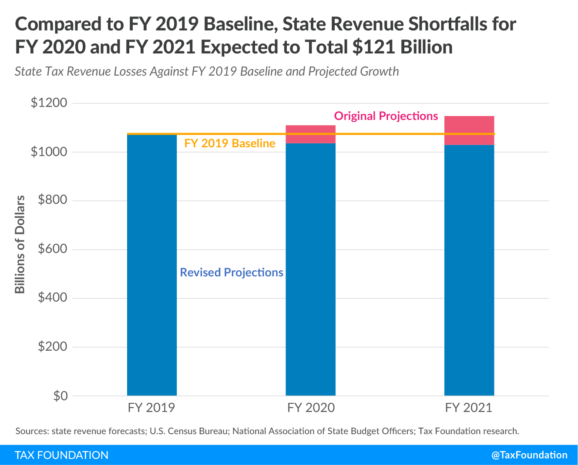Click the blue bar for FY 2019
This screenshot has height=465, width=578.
(152, 265)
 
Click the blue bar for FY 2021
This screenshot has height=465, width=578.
(469, 269)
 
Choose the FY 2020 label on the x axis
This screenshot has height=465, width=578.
(311, 408)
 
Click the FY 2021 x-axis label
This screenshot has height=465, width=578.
(469, 408)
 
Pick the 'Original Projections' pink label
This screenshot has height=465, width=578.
(386, 116)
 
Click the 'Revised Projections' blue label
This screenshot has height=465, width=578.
(232, 272)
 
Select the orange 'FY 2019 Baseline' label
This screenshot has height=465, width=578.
(230, 143)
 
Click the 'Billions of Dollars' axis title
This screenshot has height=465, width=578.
(20, 244)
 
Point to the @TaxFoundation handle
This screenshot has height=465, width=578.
(529, 455)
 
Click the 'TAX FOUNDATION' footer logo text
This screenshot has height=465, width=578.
(62, 455)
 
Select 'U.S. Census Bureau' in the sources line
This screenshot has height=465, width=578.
(189, 431)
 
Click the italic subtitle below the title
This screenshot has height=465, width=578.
(207, 71)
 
